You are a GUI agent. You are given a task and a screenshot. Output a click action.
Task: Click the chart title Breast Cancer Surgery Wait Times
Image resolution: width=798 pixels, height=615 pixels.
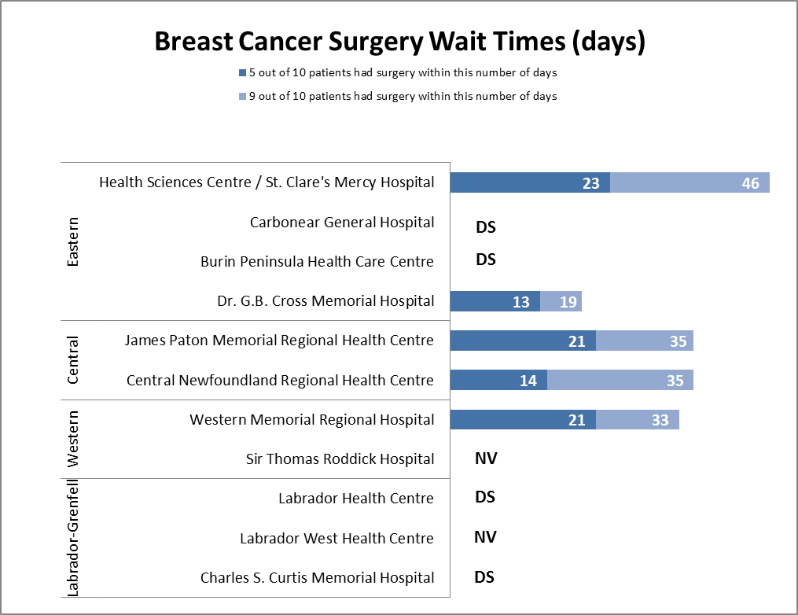tap(399, 42)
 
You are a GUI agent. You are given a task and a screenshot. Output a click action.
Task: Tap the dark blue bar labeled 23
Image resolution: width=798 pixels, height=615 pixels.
tap(529, 182)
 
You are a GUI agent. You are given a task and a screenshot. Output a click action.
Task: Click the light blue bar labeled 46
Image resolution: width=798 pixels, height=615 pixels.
tap(690, 182)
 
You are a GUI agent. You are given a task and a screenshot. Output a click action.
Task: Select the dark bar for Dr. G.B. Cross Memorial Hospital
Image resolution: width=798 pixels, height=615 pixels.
tap(495, 301)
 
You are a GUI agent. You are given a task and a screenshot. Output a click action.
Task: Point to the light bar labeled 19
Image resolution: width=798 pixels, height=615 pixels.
tap(561, 301)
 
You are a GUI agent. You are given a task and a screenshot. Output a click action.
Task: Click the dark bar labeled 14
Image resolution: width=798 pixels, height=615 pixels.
tap(498, 380)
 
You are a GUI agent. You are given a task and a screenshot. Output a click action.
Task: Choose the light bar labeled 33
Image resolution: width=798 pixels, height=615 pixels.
tap(637, 420)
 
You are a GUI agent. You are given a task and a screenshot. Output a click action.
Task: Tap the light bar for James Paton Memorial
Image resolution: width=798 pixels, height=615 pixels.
tap(644, 341)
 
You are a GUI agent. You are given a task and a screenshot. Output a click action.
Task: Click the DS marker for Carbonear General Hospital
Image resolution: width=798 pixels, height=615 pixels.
tap(486, 227)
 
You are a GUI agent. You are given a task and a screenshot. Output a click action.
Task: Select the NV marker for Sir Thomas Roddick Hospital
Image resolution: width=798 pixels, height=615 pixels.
tap(486, 458)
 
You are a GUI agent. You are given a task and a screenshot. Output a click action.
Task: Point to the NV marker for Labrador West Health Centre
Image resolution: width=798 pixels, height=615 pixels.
tap(485, 537)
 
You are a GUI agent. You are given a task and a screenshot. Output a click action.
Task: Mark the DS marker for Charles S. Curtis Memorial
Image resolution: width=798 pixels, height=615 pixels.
tap(484, 576)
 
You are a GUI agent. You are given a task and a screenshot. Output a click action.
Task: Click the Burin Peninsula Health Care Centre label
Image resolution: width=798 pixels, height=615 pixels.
tap(317, 261)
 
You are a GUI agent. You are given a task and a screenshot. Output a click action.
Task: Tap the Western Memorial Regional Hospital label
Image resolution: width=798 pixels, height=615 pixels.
tap(311, 419)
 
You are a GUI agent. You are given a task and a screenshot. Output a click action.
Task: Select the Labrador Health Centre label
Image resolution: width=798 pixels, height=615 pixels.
tap(355, 498)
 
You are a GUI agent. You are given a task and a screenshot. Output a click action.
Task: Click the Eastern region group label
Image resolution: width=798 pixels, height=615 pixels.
tap(73, 241)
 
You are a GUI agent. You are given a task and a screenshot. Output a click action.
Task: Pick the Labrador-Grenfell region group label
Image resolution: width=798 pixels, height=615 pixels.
tap(73, 537)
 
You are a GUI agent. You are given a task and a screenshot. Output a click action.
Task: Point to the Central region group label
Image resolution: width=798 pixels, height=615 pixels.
tap(73, 360)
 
